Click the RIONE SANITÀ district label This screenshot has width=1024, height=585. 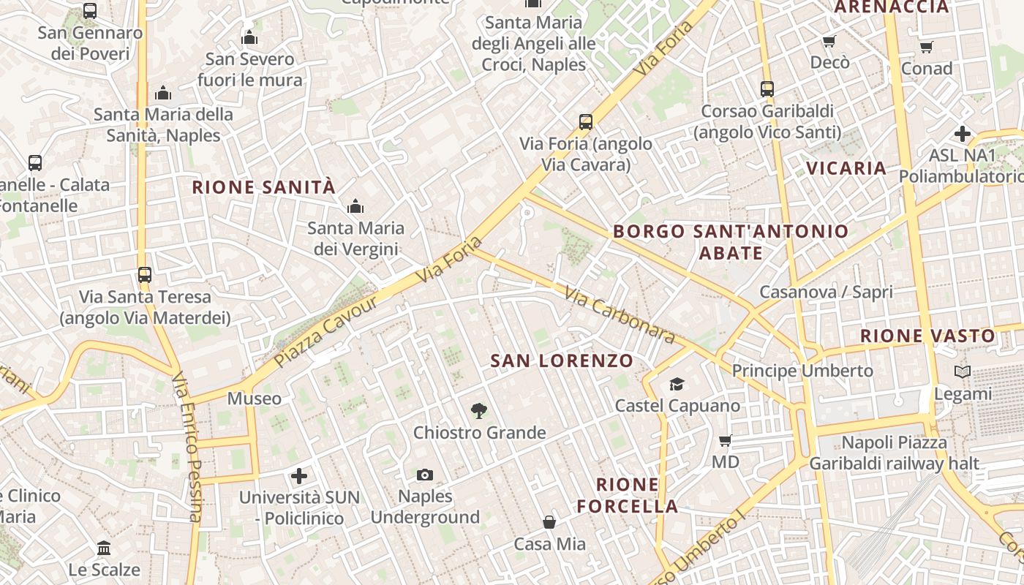click(263, 187)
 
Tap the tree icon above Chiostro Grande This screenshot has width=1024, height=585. click(479, 410)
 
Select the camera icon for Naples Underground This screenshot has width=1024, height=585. click(425, 475)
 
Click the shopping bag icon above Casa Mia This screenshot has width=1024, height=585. click(549, 522)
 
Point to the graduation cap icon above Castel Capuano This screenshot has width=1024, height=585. click(677, 384)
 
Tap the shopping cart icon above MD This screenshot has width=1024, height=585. click(726, 440)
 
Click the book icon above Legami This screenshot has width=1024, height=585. click(963, 372)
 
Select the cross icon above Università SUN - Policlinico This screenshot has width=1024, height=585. click(299, 477)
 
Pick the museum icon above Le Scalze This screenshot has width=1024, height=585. click(104, 548)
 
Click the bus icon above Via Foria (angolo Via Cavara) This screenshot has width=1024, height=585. click(585, 121)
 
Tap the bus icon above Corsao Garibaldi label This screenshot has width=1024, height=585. click(767, 89)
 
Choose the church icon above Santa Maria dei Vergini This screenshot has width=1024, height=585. click(355, 206)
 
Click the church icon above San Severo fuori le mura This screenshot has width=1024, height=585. click(249, 37)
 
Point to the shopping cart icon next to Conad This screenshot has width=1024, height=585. click(927, 48)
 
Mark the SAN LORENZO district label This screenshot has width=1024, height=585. click(562, 361)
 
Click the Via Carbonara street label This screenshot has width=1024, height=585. click(620, 314)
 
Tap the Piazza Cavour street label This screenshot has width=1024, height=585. click(326, 331)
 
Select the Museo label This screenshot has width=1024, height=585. click(254, 399)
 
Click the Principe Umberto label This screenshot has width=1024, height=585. click(802, 371)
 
